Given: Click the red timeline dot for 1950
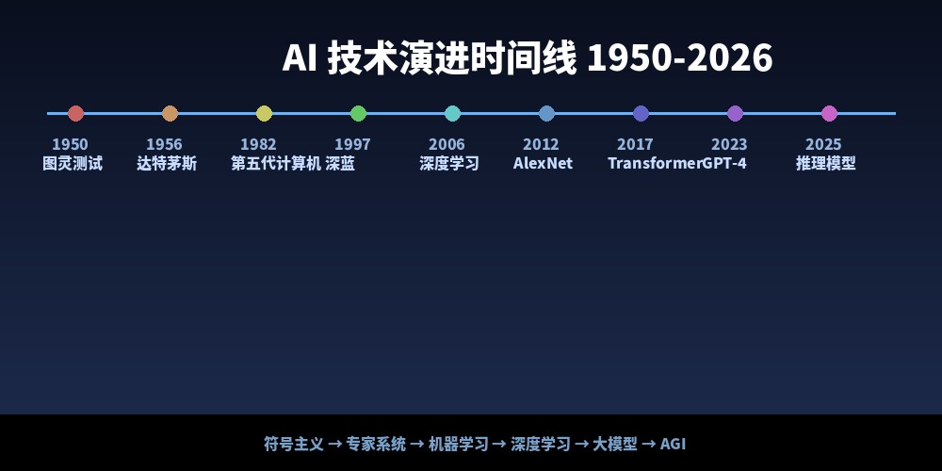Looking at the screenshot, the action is tap(75, 114).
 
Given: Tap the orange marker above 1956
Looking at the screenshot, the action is tap(170, 114).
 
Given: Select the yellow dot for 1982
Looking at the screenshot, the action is tap(265, 114).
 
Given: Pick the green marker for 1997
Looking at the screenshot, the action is tap(358, 114).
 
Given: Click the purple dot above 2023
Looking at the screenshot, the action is tap(736, 114).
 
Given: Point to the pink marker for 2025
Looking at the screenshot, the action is tap(829, 114).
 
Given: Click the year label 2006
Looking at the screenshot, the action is tap(447, 144).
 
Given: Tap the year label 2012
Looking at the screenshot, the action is tap(541, 144).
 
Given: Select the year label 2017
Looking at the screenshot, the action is tap(635, 144).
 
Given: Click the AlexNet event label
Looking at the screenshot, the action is tap(544, 163).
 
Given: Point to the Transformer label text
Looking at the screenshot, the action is tap(655, 163).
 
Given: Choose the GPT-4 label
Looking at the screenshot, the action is tap(723, 163).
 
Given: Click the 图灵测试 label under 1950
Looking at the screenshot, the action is tap(73, 163).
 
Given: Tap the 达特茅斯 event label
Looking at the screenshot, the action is tap(167, 163).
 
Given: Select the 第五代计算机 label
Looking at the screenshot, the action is tap(276, 163).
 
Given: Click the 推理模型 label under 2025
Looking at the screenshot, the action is tap(826, 163).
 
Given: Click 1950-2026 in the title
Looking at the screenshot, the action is tap(679, 58).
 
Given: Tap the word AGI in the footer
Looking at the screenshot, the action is tap(673, 444).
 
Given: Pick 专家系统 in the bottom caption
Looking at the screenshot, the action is tap(376, 444).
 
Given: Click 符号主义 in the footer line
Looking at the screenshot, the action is tap(294, 444).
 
